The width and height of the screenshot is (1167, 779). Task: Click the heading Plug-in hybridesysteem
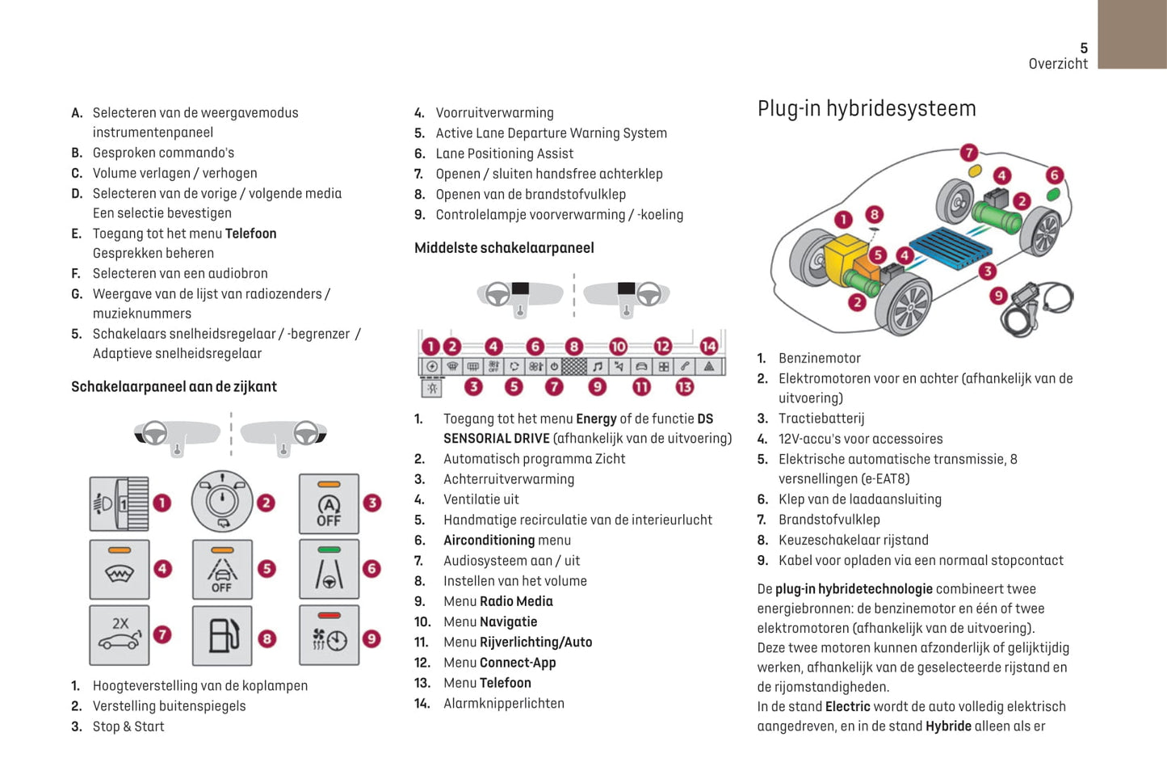point(867,108)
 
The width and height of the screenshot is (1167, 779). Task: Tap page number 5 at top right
point(1084,48)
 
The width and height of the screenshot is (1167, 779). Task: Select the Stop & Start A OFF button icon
point(329,504)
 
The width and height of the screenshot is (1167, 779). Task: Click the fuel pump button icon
point(222,636)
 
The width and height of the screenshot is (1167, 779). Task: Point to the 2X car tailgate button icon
point(120,635)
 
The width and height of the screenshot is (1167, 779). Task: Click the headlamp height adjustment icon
point(120,504)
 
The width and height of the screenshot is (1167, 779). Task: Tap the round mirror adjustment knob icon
point(222,502)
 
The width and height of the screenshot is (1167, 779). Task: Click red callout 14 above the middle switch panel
point(708,346)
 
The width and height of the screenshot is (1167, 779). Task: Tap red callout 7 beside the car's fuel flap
point(969,153)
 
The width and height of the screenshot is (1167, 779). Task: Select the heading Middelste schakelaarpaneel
point(504,248)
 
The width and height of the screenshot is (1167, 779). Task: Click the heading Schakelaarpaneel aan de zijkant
point(174,387)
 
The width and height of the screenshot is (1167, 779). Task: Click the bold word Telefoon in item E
point(250,234)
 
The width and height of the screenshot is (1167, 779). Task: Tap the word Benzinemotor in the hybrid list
point(819,358)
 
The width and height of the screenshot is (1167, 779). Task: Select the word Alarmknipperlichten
point(503,703)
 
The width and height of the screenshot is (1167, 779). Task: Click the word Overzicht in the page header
point(1058,64)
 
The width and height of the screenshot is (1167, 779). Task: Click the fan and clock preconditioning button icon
point(329,636)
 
